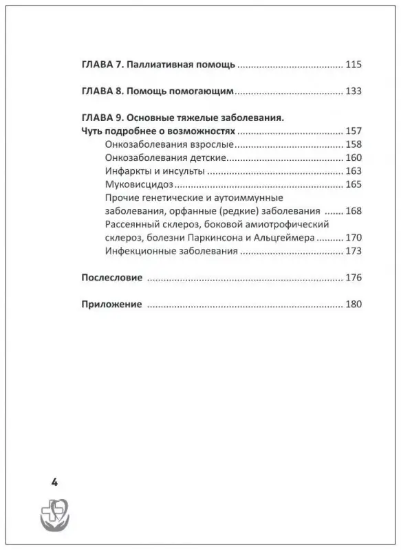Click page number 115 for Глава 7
point(354,65)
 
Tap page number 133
point(354,91)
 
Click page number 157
point(354,131)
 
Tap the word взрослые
point(209,144)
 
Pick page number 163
point(354,171)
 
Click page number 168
point(354,211)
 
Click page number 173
point(354,252)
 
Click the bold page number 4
point(54,482)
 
